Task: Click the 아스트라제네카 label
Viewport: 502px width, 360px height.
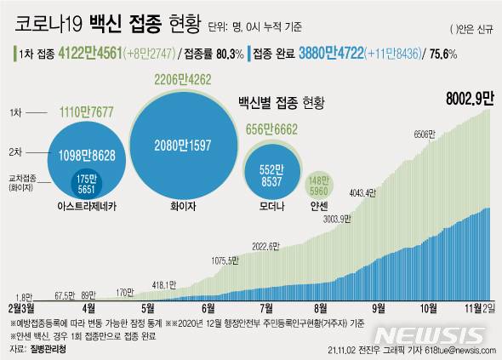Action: click(x=87, y=206)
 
